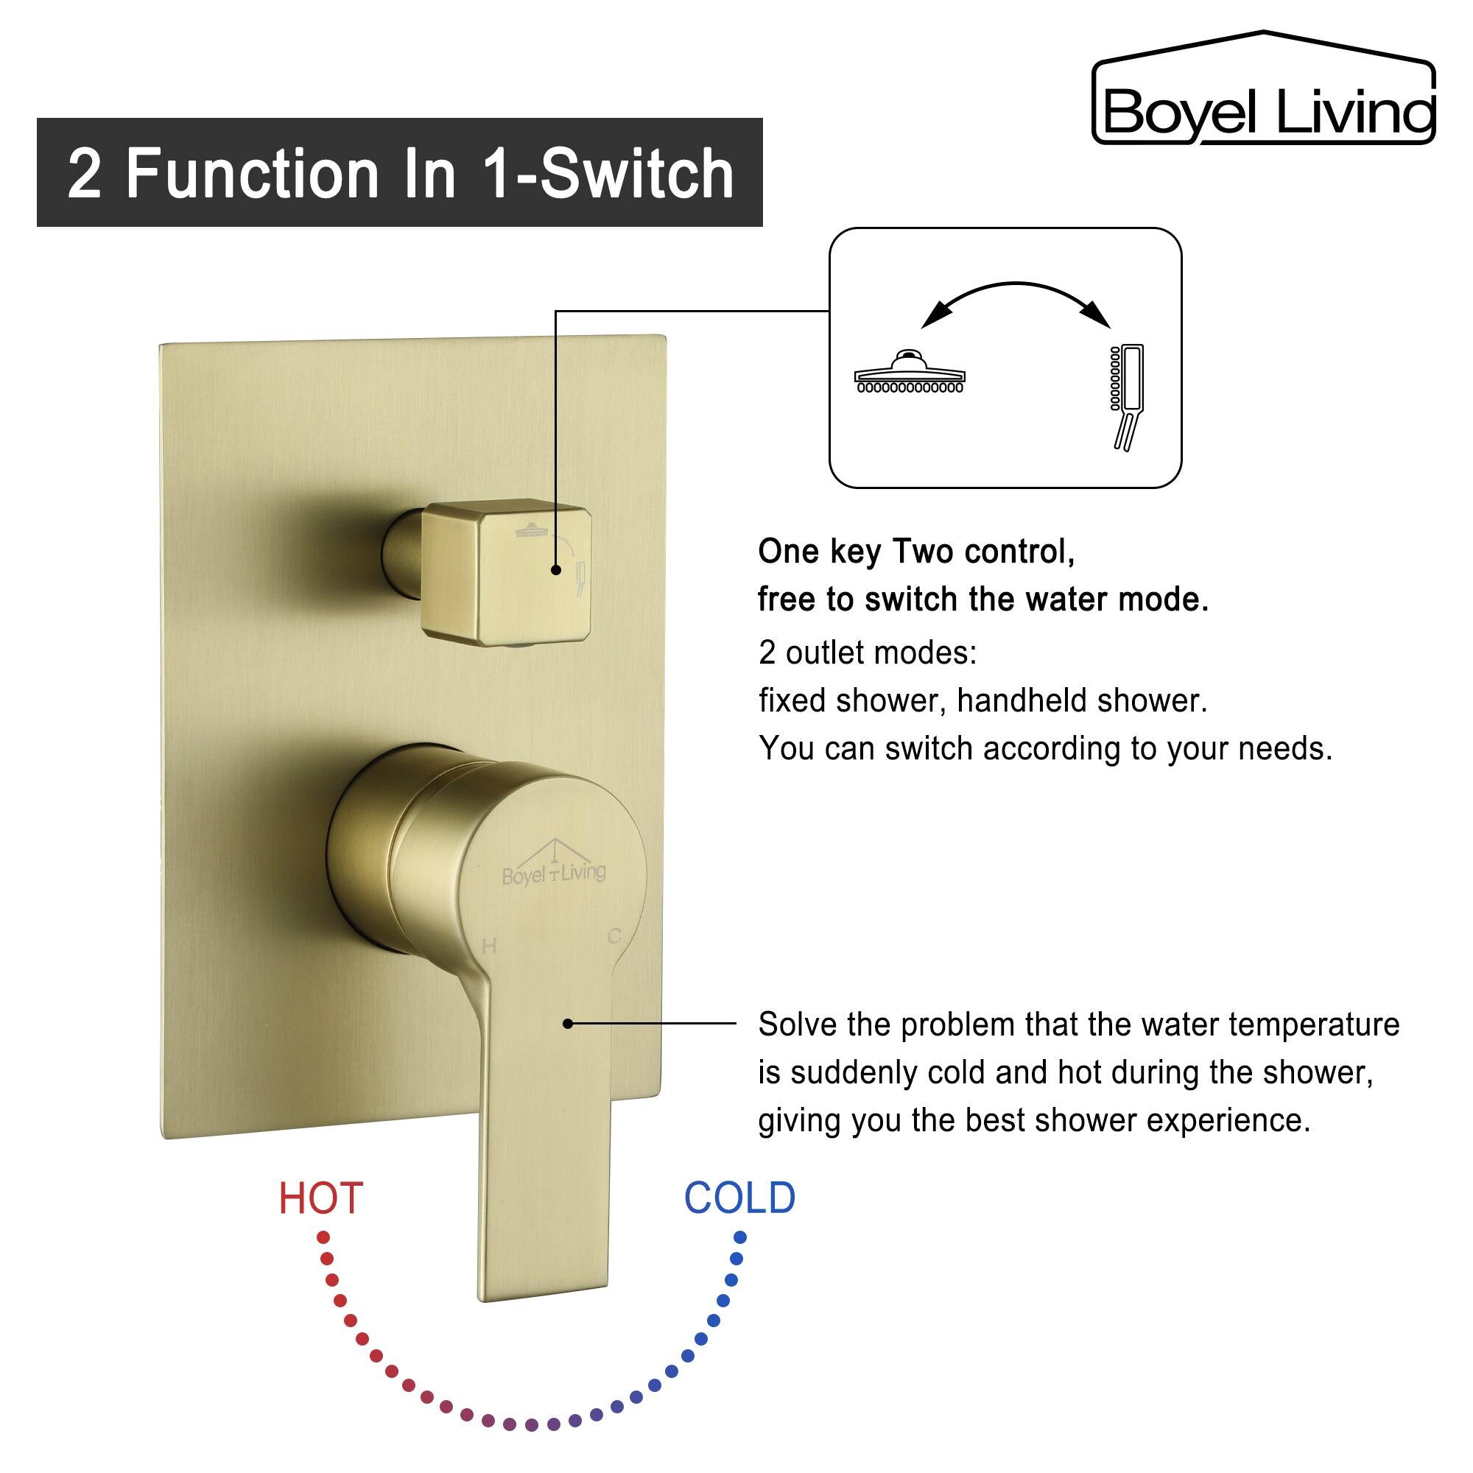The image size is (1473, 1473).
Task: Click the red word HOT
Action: tap(320, 1198)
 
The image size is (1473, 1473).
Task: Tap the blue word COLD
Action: tap(739, 1198)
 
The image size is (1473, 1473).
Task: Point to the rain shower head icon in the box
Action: tap(910, 373)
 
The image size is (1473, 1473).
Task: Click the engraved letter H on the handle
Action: tap(490, 947)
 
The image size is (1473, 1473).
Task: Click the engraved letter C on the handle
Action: tap(614, 936)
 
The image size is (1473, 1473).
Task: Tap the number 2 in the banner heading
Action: tap(84, 174)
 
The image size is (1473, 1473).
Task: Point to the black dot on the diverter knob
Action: tap(556, 569)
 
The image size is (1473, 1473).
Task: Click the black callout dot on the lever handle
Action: tap(568, 1023)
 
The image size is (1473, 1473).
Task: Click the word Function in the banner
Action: tap(252, 174)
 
